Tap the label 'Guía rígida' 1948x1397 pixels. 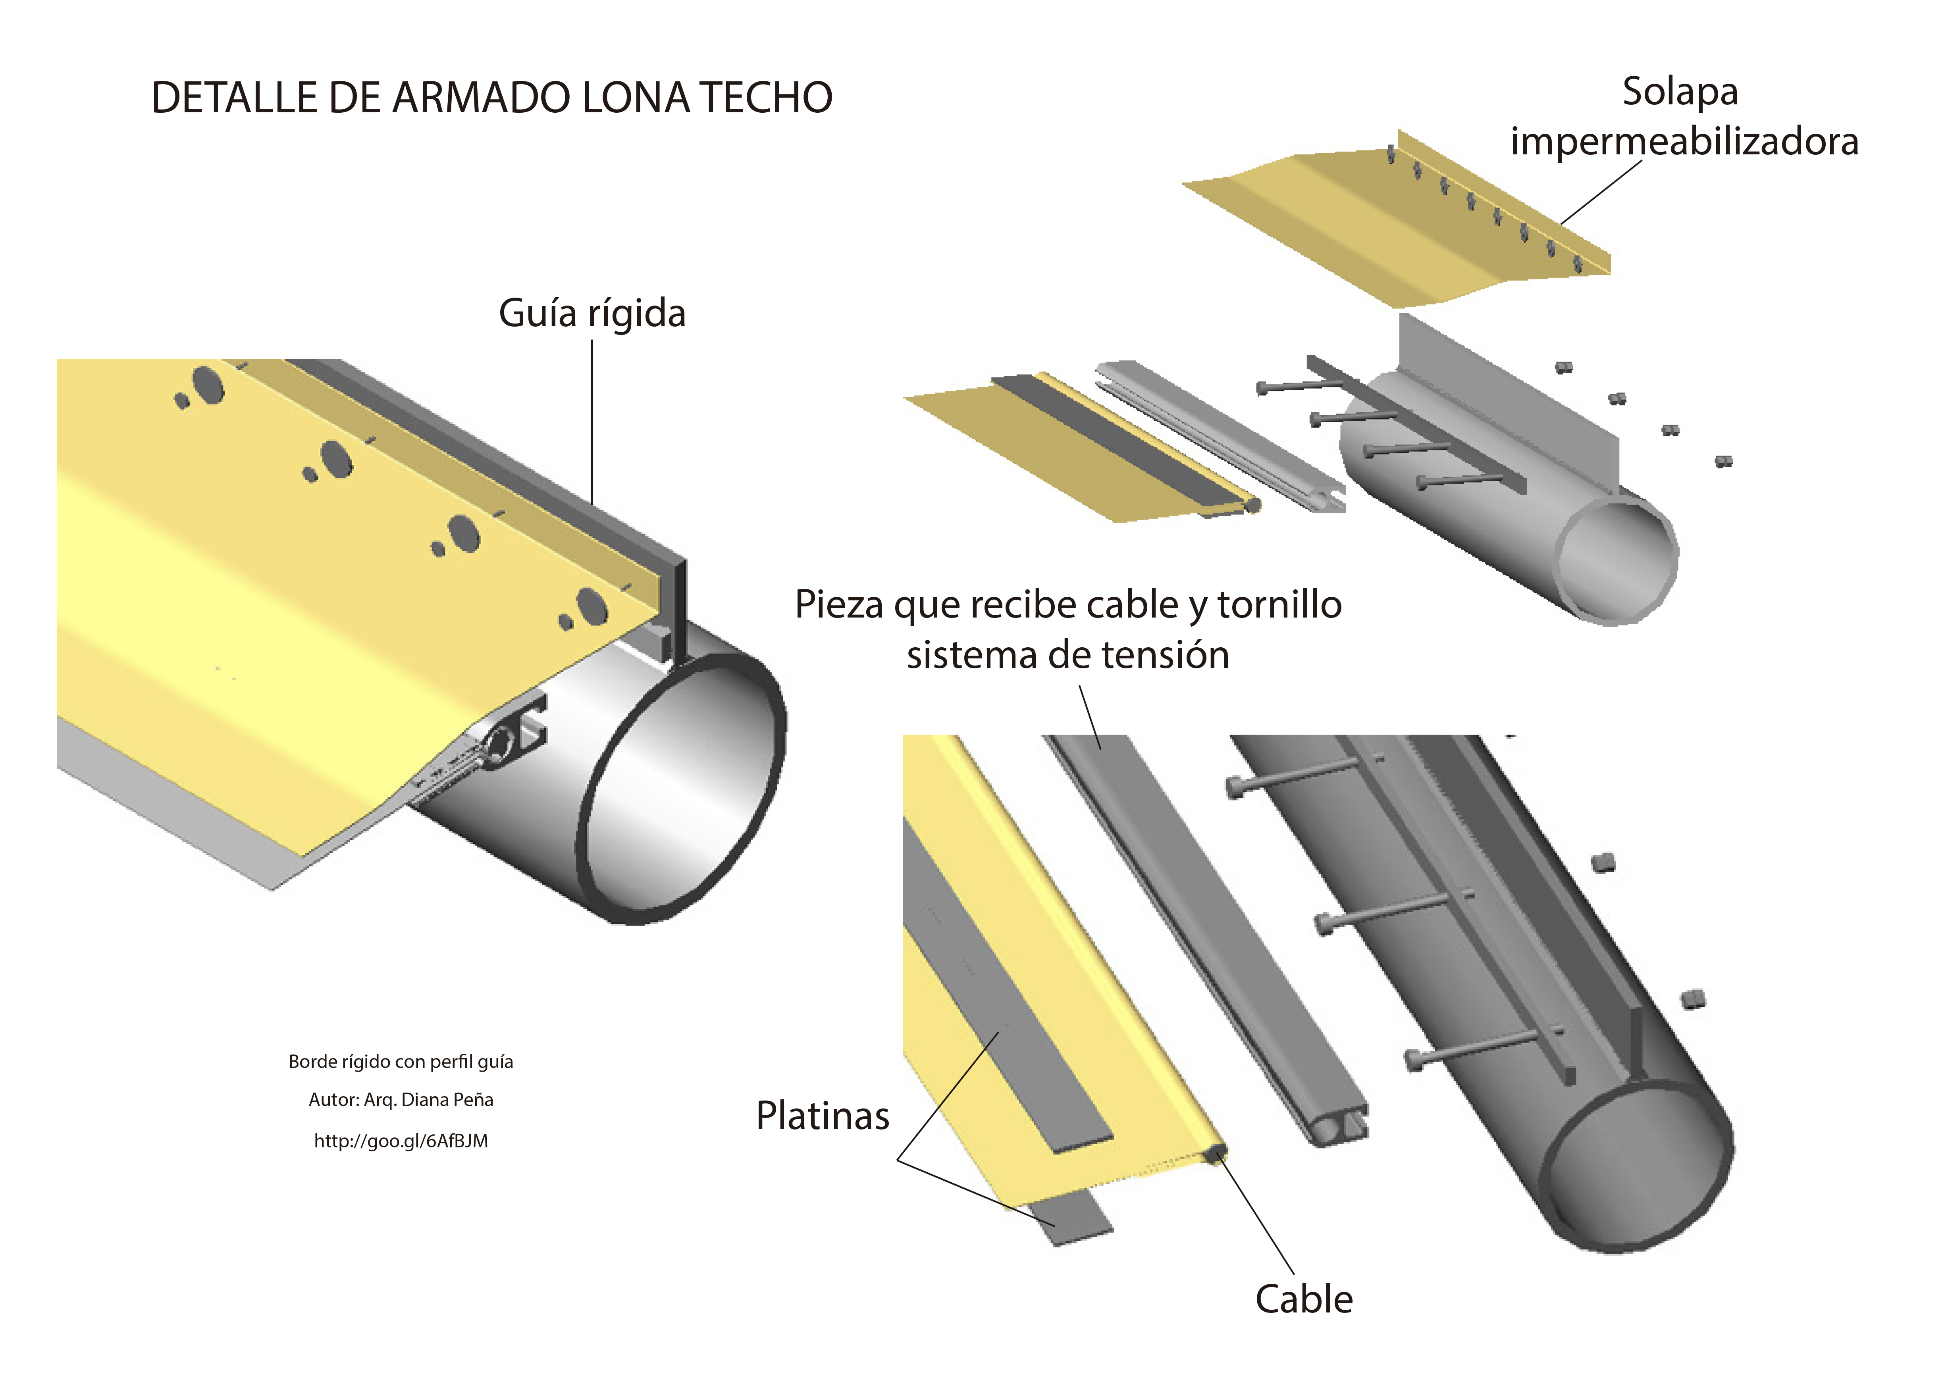(x=593, y=314)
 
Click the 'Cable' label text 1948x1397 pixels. (x=1304, y=1299)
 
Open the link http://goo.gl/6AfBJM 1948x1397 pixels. (x=401, y=1141)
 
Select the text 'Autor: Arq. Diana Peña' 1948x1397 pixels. (x=401, y=1100)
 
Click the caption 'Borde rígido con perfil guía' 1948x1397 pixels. (x=401, y=1062)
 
